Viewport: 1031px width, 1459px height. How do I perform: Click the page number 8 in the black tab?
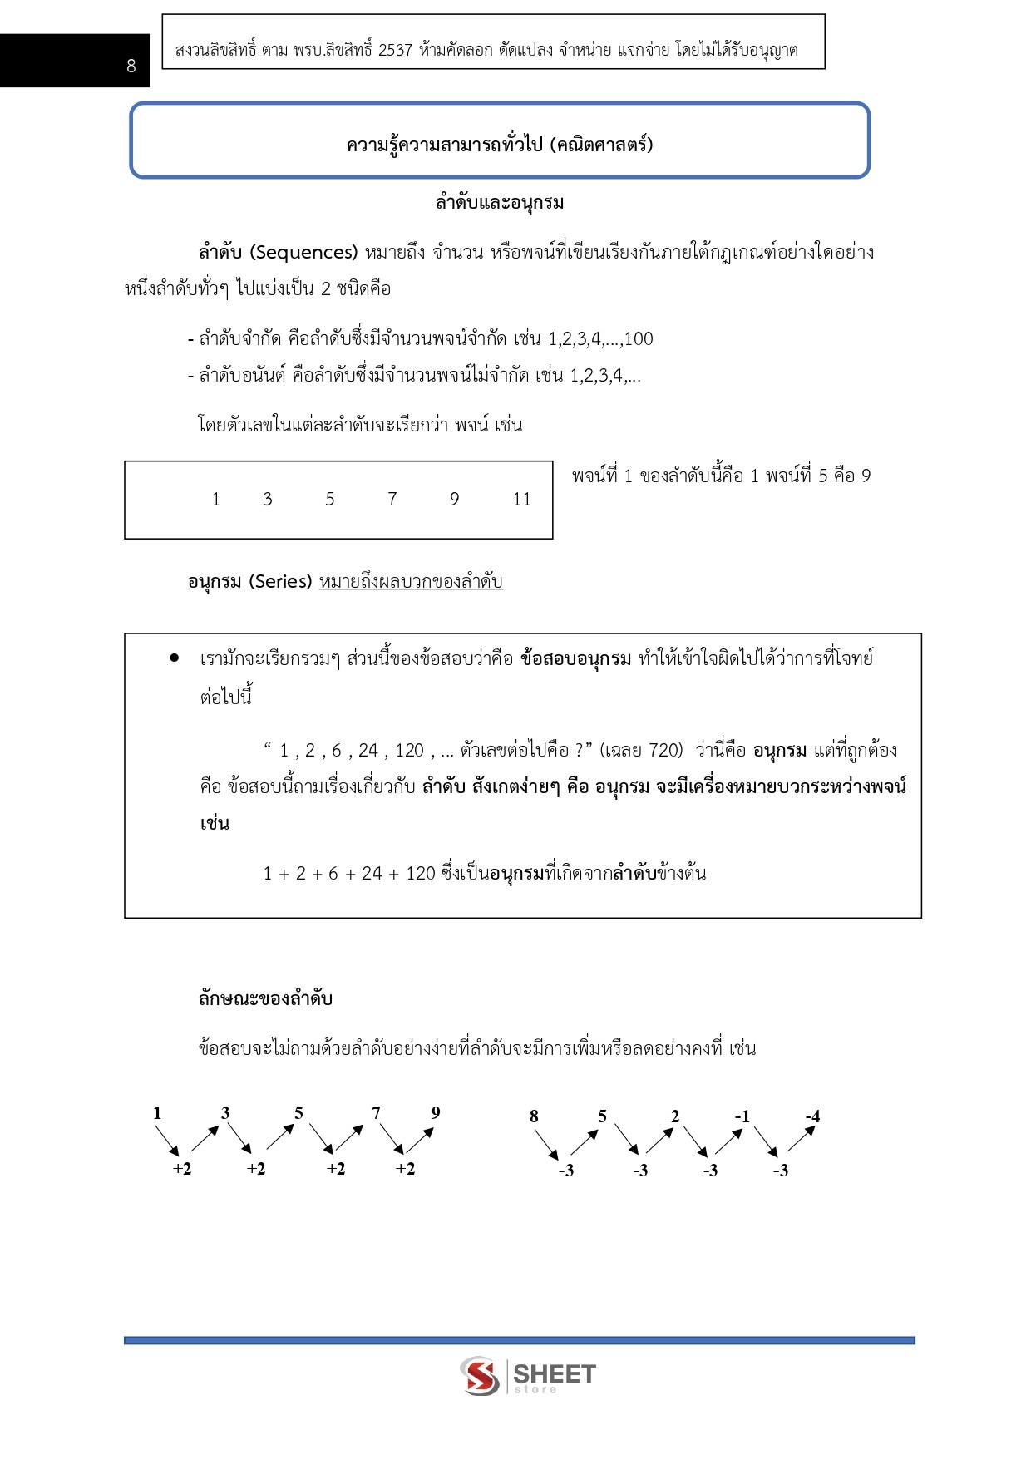[x=131, y=67]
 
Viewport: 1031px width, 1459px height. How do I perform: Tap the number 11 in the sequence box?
[x=521, y=500]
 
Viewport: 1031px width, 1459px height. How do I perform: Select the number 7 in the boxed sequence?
[x=392, y=499]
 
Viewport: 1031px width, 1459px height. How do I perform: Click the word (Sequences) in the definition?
[x=303, y=252]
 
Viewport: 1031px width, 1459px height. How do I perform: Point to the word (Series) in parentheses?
[x=280, y=582]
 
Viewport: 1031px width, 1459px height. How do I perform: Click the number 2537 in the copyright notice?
[x=395, y=50]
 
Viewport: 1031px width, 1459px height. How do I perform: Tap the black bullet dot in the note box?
[x=174, y=658]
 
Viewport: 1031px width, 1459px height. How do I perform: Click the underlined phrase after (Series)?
[x=411, y=582]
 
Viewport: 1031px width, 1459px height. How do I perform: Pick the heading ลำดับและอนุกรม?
[x=500, y=202]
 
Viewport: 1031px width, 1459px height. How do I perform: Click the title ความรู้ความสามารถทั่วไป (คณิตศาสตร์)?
[x=500, y=145]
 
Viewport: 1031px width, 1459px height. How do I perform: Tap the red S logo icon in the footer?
[x=480, y=1376]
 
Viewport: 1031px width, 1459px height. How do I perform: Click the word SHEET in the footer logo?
[x=554, y=1373]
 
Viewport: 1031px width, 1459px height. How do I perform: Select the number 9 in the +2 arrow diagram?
[x=436, y=1113]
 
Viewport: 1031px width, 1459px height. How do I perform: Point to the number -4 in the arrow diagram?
[x=812, y=1116]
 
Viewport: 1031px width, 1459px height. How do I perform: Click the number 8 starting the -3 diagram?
[x=534, y=1116]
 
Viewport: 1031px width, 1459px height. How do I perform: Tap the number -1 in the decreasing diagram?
[x=742, y=1116]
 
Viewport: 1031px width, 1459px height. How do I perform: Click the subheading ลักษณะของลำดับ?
[x=265, y=998]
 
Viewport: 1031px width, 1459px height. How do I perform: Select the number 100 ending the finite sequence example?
[x=639, y=339]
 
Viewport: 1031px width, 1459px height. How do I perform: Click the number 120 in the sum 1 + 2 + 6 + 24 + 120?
[x=421, y=874]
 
